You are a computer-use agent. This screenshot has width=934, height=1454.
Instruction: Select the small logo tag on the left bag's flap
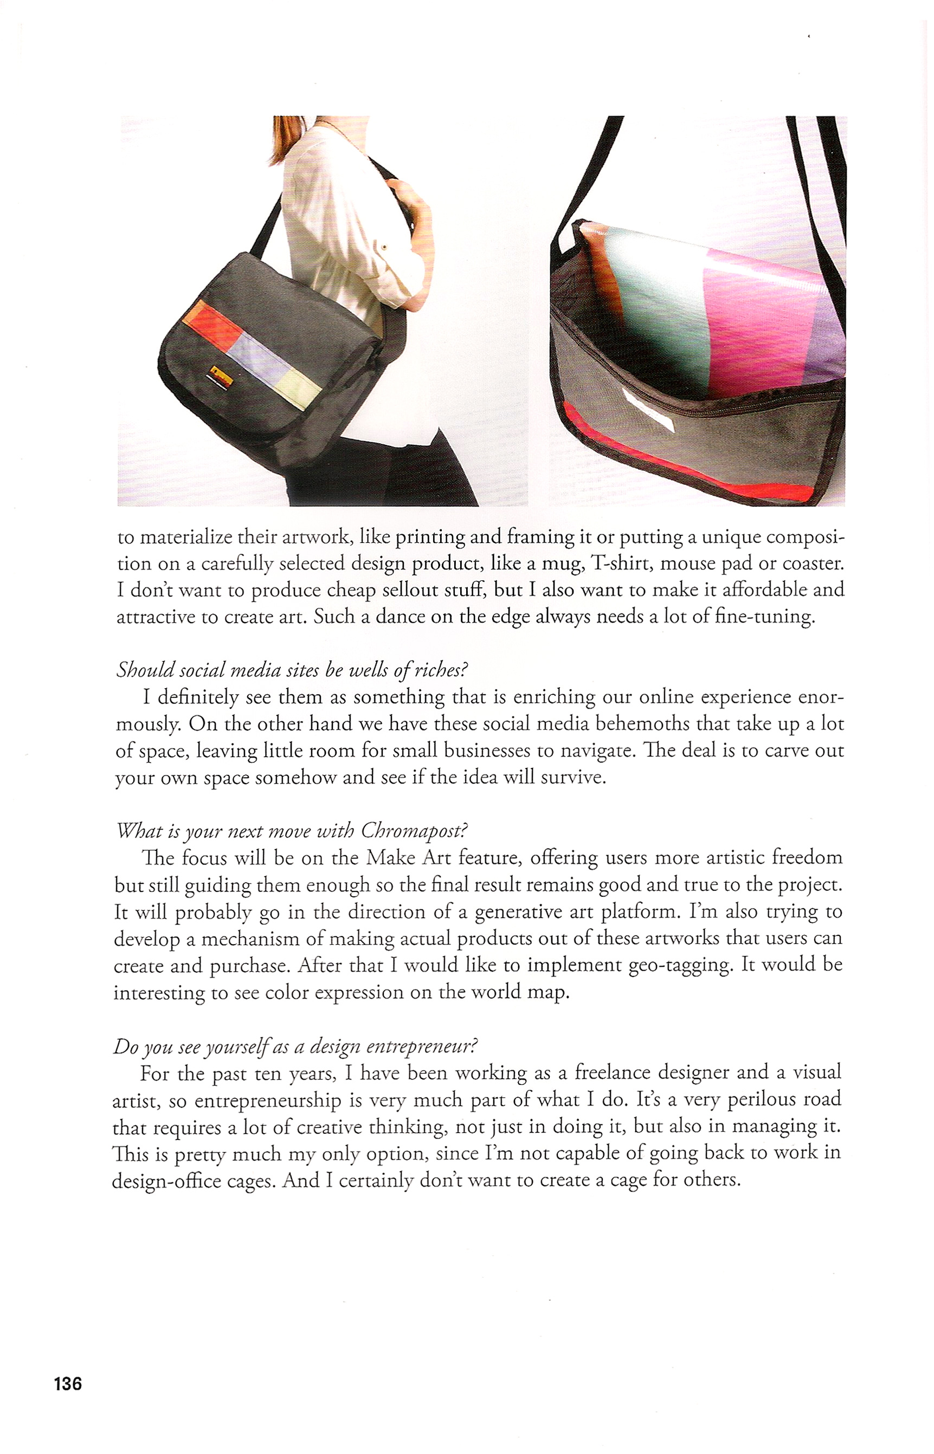pyautogui.click(x=220, y=372)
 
